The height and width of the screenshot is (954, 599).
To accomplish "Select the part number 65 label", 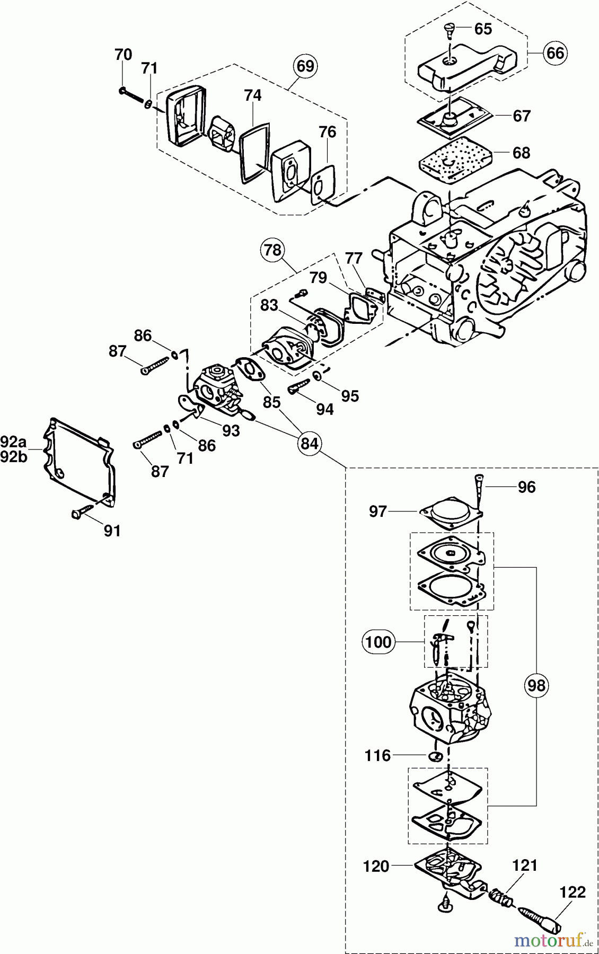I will pos(483,29).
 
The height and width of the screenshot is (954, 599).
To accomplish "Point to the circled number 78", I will pos(273,250).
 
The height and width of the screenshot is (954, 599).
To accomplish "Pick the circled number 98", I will pos(536,685).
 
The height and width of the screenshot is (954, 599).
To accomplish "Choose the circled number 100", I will pos(378,642).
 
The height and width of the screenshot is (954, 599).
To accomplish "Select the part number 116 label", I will pos(377,755).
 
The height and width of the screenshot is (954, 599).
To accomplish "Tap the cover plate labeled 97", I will pos(452,513).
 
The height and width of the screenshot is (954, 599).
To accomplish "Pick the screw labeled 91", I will pos(80,513).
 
